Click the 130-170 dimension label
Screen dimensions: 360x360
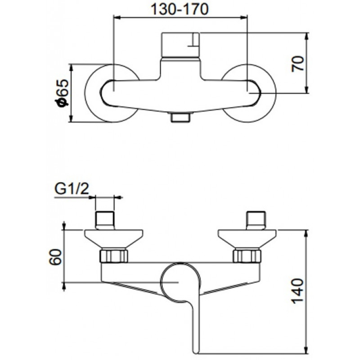[x=180, y=9]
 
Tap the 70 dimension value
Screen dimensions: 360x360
[x=297, y=63]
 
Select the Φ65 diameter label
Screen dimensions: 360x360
[x=62, y=93]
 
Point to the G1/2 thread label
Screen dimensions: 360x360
[x=72, y=189]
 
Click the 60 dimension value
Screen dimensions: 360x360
[x=55, y=257]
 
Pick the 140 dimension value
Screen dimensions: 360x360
[x=297, y=291]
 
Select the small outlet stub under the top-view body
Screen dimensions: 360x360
[x=180, y=117]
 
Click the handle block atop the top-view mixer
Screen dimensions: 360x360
[x=180, y=45]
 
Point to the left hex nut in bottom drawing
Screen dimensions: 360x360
[x=114, y=256]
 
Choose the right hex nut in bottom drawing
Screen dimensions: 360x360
[x=247, y=256]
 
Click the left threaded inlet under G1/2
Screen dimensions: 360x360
[x=105, y=220]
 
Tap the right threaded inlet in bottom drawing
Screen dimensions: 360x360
[x=256, y=220]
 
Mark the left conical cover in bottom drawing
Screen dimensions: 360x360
[x=114, y=239]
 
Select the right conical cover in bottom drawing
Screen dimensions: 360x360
[x=247, y=239]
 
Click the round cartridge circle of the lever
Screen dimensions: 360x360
[x=162, y=283]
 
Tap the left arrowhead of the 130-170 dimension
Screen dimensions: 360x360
[x=117, y=17]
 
